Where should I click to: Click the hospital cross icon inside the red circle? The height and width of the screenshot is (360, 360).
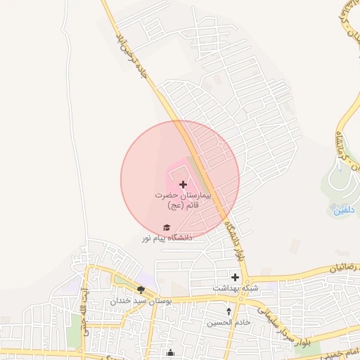tap(184, 184)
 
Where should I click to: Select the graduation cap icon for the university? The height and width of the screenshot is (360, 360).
tap(167, 227)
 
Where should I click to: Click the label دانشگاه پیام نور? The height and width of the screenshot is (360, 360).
tap(167, 238)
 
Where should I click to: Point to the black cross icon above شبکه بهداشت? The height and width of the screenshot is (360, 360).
tap(236, 277)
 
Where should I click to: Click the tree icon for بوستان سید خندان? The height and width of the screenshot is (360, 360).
tap(141, 289)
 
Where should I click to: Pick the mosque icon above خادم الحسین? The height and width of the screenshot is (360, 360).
tap(229, 311)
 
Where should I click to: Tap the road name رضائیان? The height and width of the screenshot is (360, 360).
tap(340, 268)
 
